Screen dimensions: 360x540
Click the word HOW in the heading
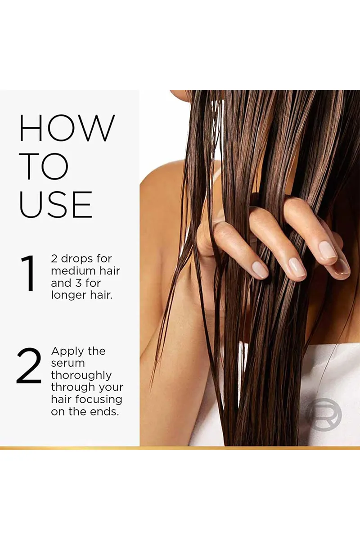coord(67,128)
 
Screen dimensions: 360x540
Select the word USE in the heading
coord(56,204)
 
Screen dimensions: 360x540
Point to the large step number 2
coord(29,366)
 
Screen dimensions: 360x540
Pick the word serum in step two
coord(68,364)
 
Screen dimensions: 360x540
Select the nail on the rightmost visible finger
coord(342,268)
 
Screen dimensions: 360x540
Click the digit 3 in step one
coord(78,283)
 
